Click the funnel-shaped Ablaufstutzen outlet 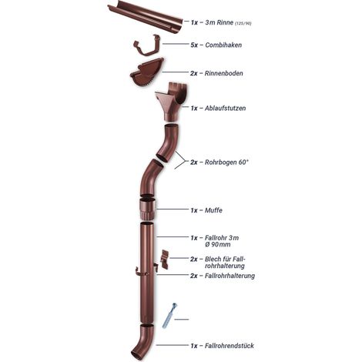(171, 102)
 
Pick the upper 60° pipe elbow (169, 142)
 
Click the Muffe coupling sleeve (147, 209)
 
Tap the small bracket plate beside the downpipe (164, 260)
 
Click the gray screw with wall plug (169, 316)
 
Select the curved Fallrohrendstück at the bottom (142, 342)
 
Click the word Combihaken (223, 45)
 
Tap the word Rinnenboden (223, 73)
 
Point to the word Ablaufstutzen (225, 108)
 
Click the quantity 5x (194, 45)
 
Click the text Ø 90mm (218, 244)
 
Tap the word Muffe (213, 210)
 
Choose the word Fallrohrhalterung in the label (230, 276)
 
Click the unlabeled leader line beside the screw (182, 320)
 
